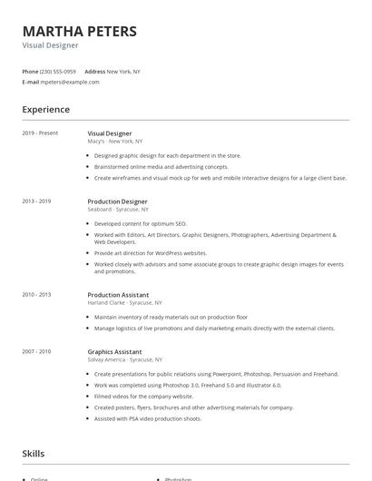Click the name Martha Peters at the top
(80, 31)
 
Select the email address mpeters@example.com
(70, 82)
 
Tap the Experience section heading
(46, 110)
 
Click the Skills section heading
(34, 453)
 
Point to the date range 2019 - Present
(40, 133)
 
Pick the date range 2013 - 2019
(37, 201)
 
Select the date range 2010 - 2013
(37, 295)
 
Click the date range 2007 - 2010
(37, 351)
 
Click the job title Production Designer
(117, 201)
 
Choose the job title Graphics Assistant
(114, 351)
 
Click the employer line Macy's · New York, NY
(115, 142)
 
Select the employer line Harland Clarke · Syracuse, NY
(125, 302)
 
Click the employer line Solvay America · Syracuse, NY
(126, 359)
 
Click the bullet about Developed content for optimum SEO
(140, 223)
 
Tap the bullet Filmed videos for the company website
(143, 396)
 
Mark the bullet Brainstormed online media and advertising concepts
(162, 167)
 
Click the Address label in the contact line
(94, 71)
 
